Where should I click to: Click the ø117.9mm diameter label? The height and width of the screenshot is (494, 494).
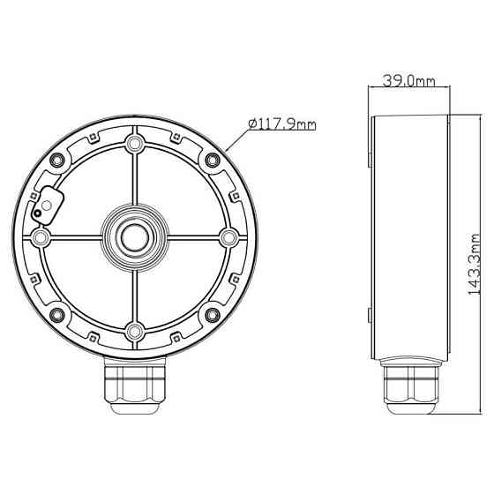tap(282, 124)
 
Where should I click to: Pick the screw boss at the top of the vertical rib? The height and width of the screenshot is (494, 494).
tap(133, 143)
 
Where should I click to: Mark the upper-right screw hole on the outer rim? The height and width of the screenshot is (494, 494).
tap(212, 159)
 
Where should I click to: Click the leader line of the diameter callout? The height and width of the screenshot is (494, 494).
tap(236, 140)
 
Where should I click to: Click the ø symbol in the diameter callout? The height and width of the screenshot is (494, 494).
tap(253, 124)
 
